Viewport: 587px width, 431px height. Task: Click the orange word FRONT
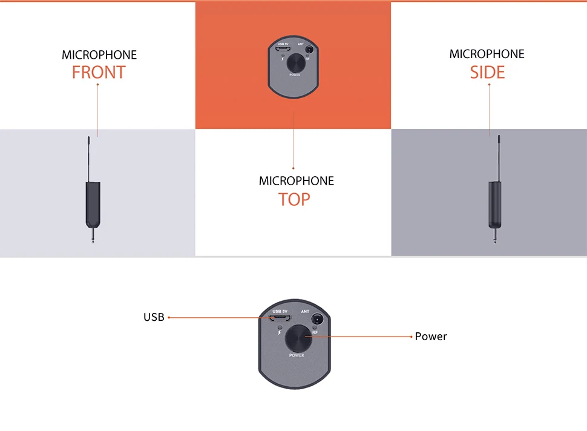pos(98,73)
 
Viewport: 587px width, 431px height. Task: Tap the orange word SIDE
pos(487,73)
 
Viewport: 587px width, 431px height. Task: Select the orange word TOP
pos(294,199)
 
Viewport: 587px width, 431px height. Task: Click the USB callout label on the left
pos(154,317)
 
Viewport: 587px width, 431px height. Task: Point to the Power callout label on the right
pos(431,337)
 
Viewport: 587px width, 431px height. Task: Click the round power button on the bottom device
pos(297,337)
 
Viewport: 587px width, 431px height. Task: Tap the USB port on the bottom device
pos(281,319)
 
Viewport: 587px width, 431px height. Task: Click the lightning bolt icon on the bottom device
pos(279,334)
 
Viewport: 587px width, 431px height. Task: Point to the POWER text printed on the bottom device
pos(297,355)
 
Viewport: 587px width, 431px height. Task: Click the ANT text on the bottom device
pos(305,311)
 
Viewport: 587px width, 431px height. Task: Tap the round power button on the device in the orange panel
pos(295,62)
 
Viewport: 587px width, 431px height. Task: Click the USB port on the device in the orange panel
pos(283,48)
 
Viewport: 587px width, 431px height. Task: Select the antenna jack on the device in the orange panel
pos(309,49)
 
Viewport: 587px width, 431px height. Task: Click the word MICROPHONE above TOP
pos(296,181)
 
